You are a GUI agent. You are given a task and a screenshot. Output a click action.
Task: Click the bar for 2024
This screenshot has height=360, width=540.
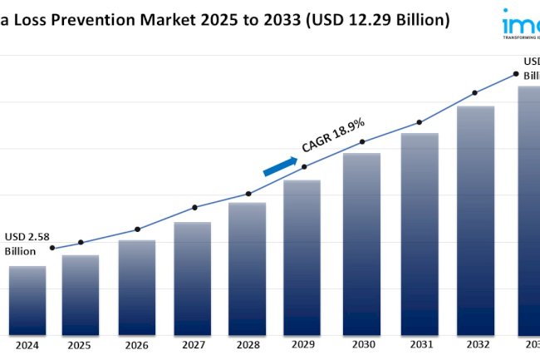(x=27, y=299)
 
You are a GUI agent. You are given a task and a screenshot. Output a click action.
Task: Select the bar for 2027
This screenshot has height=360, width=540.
(x=192, y=278)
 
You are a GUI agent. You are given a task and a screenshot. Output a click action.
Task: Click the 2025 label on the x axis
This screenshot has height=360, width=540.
(x=80, y=345)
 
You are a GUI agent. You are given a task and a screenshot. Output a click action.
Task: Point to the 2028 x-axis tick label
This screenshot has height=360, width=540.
(x=247, y=345)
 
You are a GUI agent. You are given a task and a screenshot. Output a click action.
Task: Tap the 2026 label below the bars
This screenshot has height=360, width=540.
(x=136, y=345)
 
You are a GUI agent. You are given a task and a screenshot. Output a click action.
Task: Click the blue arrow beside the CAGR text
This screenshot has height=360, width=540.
(x=280, y=166)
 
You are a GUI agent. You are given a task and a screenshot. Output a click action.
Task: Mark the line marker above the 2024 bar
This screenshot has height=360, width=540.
(x=52, y=248)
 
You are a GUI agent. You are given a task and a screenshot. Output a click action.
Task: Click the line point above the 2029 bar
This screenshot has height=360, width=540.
(x=304, y=166)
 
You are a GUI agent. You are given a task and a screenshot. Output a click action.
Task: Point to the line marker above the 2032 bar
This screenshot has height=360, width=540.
(x=474, y=93)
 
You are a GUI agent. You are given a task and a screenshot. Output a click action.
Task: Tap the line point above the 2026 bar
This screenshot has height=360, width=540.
(x=137, y=229)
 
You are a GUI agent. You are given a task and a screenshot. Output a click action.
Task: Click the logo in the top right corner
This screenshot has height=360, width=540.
(x=520, y=23)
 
